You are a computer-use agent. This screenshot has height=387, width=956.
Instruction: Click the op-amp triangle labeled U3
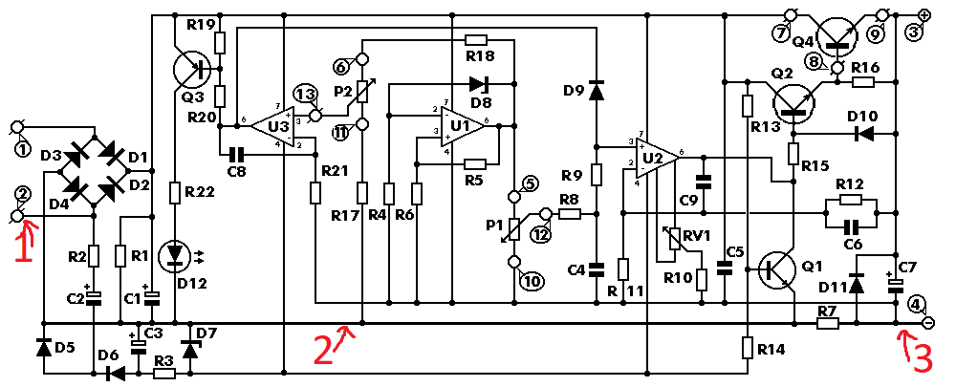(x=273, y=127)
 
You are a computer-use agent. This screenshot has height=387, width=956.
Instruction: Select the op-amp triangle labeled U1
(x=464, y=127)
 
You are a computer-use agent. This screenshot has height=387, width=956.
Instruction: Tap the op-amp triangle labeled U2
(x=657, y=158)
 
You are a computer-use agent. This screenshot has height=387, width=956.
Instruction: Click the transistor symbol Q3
(x=191, y=70)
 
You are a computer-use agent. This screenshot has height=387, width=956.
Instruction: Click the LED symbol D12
(x=176, y=255)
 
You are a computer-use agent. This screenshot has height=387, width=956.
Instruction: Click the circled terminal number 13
(x=304, y=96)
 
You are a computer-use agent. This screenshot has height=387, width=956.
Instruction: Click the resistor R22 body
(x=176, y=195)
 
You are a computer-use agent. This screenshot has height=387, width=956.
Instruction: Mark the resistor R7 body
(x=826, y=323)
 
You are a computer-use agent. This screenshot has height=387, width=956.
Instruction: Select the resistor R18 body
(x=475, y=40)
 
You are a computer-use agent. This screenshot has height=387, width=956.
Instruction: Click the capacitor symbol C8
(x=235, y=154)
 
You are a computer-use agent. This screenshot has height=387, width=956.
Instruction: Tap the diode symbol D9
(x=597, y=90)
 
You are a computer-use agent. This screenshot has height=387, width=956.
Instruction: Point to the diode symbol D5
(x=43, y=348)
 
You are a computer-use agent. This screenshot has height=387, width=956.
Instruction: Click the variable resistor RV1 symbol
(x=674, y=239)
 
